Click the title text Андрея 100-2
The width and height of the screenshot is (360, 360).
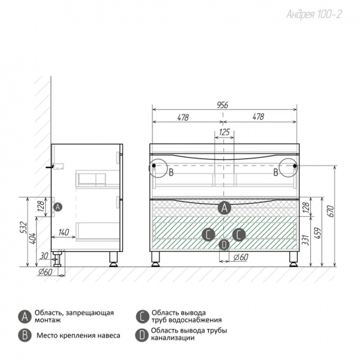(x=314, y=14)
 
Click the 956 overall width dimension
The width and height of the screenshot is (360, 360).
(x=223, y=105)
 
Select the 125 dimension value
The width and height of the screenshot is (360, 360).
(x=224, y=132)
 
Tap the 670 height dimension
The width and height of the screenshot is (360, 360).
(x=331, y=211)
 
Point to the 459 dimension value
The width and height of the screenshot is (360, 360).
(x=319, y=233)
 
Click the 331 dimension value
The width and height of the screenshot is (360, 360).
(x=306, y=240)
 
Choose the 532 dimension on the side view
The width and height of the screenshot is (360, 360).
(x=24, y=227)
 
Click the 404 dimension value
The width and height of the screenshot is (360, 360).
(x=33, y=238)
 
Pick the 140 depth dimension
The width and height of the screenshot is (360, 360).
(x=63, y=232)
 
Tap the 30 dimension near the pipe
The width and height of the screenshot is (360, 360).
(x=43, y=256)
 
